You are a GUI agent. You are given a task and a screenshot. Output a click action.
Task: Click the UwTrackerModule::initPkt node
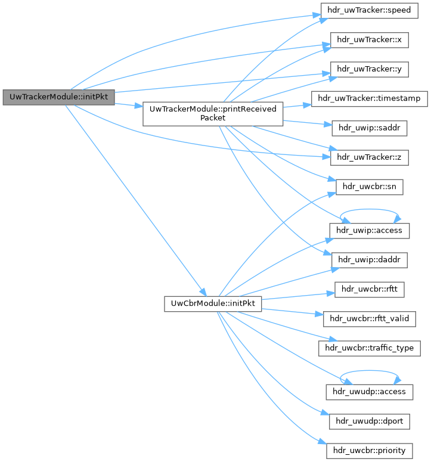[58, 97]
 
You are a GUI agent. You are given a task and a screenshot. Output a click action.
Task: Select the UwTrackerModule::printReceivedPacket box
[212, 113]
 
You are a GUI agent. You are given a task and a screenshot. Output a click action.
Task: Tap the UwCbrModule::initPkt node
[212, 303]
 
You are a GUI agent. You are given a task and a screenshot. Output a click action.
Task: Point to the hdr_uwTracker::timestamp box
[370, 97]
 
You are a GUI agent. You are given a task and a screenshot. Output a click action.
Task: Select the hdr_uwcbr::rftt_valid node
[370, 318]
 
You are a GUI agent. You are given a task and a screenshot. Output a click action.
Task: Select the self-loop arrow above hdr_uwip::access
[370, 210]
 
